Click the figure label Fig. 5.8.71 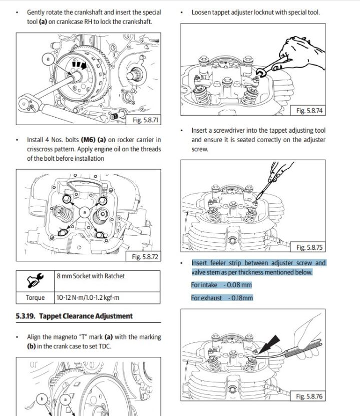[146, 120]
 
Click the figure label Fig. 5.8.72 [145, 257]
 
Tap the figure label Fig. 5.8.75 [309, 247]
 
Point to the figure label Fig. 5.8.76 [309, 396]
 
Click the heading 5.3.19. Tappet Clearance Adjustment [74, 316]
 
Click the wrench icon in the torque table [35, 280]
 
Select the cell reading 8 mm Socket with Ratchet [91, 276]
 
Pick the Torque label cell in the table [35, 297]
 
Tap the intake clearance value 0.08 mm [240, 285]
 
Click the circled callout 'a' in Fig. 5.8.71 [49, 59]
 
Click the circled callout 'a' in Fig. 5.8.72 [85, 212]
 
